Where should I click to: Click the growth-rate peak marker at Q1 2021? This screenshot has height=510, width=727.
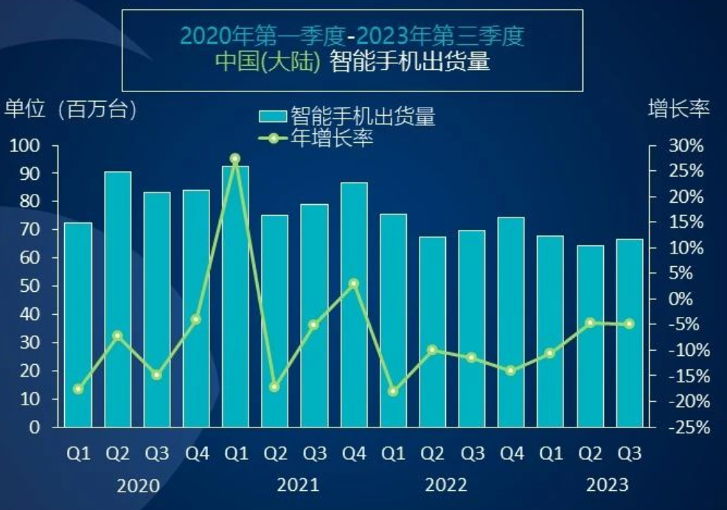click(235, 158)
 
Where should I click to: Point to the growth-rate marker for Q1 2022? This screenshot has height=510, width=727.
click(393, 391)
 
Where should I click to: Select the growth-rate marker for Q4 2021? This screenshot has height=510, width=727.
click(354, 283)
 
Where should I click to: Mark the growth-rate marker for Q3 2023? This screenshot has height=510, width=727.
click(630, 324)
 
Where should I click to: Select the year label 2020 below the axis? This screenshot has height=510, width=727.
click(138, 486)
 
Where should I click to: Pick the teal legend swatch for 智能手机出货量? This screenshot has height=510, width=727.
click(273, 116)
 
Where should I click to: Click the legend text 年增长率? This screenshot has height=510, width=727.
click(333, 139)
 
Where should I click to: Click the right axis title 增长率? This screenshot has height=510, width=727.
click(678, 109)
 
